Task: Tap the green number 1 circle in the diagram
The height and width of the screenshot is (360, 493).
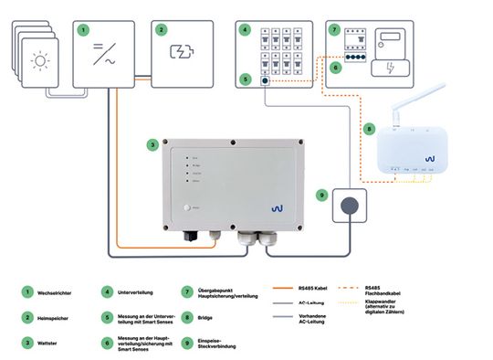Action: (84, 29)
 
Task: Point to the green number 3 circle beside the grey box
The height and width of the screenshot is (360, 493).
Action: (152, 143)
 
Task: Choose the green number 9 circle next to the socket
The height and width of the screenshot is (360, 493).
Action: (321, 195)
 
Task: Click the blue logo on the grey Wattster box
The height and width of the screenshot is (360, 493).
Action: (278, 209)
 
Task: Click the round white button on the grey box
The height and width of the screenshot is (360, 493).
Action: (190, 209)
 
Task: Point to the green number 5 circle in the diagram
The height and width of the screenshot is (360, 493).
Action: (245, 79)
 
